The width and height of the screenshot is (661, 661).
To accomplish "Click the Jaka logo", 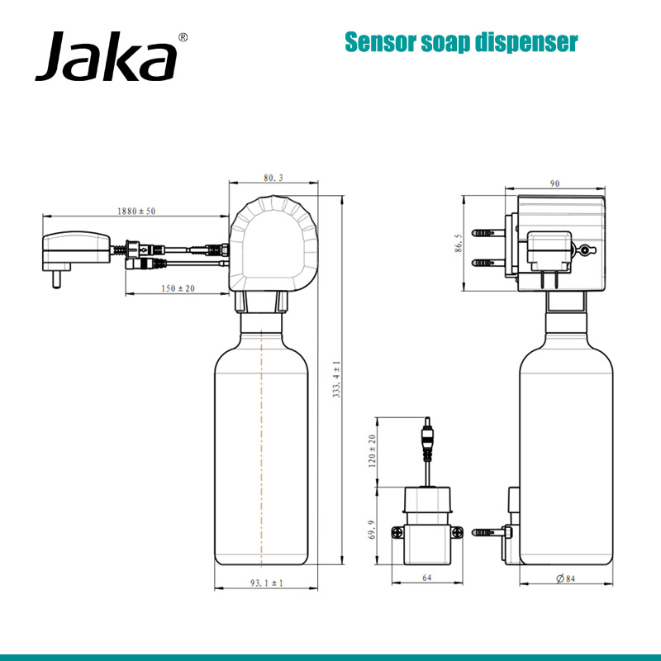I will tap(106, 58).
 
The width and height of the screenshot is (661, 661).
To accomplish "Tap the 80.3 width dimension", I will tap(273, 178).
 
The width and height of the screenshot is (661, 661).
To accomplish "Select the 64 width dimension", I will tap(426, 578).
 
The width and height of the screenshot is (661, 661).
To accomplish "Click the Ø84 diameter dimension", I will tap(565, 578).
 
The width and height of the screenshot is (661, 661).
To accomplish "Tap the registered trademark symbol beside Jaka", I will tap(183, 37).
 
